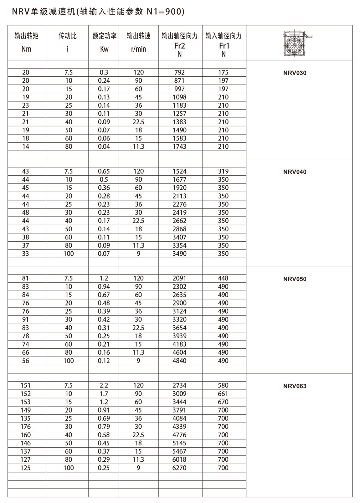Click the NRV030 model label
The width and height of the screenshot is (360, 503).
tap(295, 73)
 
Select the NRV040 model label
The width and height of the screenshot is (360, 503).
tap(295, 172)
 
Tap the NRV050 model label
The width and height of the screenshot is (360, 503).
tap(295, 279)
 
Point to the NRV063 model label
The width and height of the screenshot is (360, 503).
tap(295, 386)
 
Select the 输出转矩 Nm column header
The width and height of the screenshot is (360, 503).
tap(27, 42)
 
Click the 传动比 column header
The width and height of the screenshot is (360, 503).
tap(68, 42)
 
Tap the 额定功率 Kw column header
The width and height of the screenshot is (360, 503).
tap(104, 42)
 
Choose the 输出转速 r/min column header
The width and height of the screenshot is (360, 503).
tap(138, 42)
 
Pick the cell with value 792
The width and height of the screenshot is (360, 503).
tap(179, 72)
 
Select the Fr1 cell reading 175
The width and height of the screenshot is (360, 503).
tap(223, 72)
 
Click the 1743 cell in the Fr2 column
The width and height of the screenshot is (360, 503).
tap(179, 146)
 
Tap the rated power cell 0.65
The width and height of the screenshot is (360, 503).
tap(104, 171)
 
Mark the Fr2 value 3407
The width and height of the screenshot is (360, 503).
tap(179, 237)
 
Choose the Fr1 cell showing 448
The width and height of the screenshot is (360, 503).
tap(223, 278)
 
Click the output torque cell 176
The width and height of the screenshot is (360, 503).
tap(26, 427)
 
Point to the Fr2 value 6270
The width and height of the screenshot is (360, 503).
tap(179, 468)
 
